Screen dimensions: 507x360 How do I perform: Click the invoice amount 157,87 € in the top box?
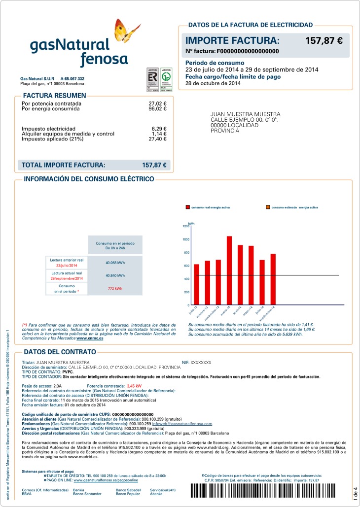pyautogui.click(x=324, y=41)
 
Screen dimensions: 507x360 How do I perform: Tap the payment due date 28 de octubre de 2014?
pyautogui.click(x=213, y=83)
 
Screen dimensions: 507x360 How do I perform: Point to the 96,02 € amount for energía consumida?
pyautogui.click(x=157, y=109)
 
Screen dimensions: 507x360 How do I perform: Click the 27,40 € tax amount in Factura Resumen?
pyautogui.click(x=157, y=139)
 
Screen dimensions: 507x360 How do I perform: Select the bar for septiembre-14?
pyautogui.click(x=273, y=279)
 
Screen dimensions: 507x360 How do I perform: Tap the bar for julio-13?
pyautogui.click(x=196, y=284)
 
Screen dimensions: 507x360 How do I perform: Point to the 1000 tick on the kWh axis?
pyautogui.click(x=186, y=239)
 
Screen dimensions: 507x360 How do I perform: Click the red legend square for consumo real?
pyautogui.click(x=187, y=207)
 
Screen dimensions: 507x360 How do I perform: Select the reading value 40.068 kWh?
pyautogui.click(x=115, y=263)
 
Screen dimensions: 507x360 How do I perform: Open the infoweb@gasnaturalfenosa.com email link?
pyautogui.click(x=182, y=424)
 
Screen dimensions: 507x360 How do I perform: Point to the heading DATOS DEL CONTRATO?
pyautogui.click(x=60, y=352)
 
